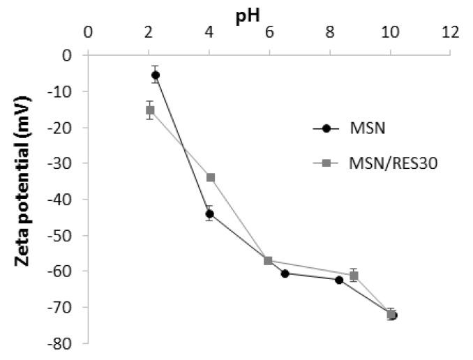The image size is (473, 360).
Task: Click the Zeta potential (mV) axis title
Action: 22,197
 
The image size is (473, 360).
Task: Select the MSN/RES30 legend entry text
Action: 376,164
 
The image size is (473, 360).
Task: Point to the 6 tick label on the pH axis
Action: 269,32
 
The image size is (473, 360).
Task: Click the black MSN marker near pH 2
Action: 155,75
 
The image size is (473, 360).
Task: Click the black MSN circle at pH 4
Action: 209,213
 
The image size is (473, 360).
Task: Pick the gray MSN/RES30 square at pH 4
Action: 211,177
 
